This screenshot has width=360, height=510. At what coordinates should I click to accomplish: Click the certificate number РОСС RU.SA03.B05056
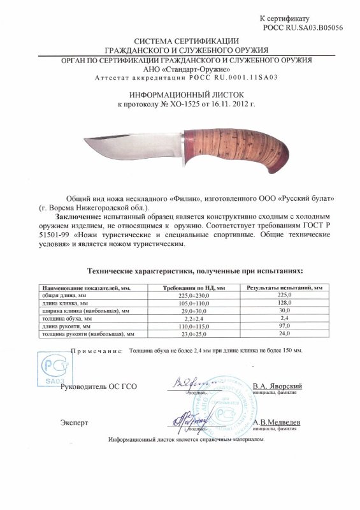[x=309, y=29]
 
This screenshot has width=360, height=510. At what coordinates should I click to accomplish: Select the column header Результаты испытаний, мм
[x=287, y=288]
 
